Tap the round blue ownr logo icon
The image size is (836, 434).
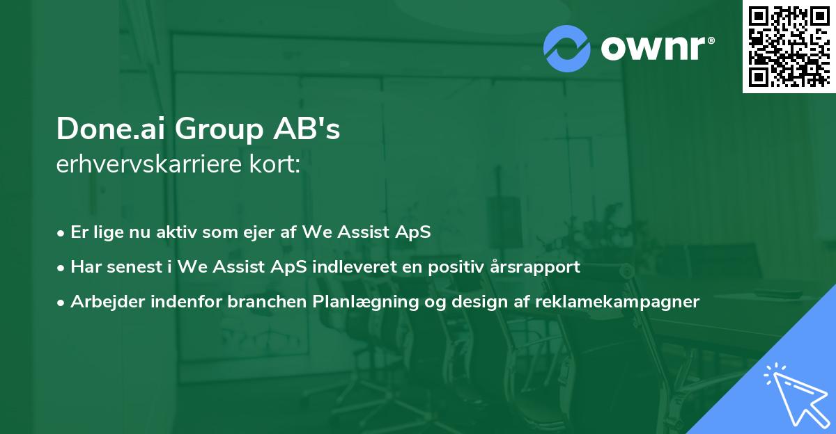pyautogui.click(x=567, y=47)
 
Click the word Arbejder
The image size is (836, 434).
pyautogui.click(x=102, y=302)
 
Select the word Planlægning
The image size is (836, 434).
pyautogui.click(x=361, y=302)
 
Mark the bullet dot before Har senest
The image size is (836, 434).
pyautogui.click(x=62, y=268)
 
